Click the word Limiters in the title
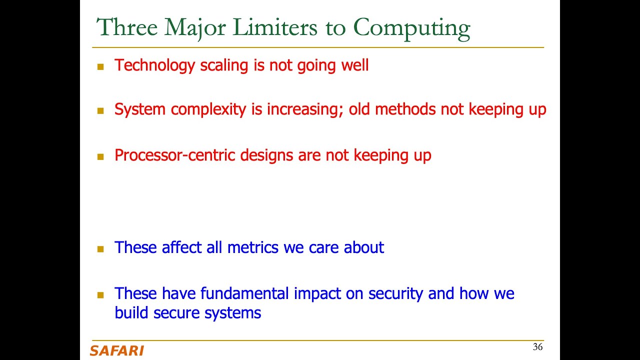pyautogui.click(x=275, y=27)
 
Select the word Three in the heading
pyautogui.click(x=127, y=27)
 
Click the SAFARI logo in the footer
pyautogui.click(x=117, y=351)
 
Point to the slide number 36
pyautogui.click(x=537, y=347)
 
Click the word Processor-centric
pyautogui.click(x=174, y=155)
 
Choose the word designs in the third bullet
pyautogui.click(x=266, y=156)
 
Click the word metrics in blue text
pyautogui.click(x=252, y=247)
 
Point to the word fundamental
pyautogui.click(x=244, y=293)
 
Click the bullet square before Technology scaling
pyautogui.click(x=100, y=67)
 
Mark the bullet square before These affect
pyautogui.click(x=100, y=249)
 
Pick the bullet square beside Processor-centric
pyautogui.click(x=100, y=157)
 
